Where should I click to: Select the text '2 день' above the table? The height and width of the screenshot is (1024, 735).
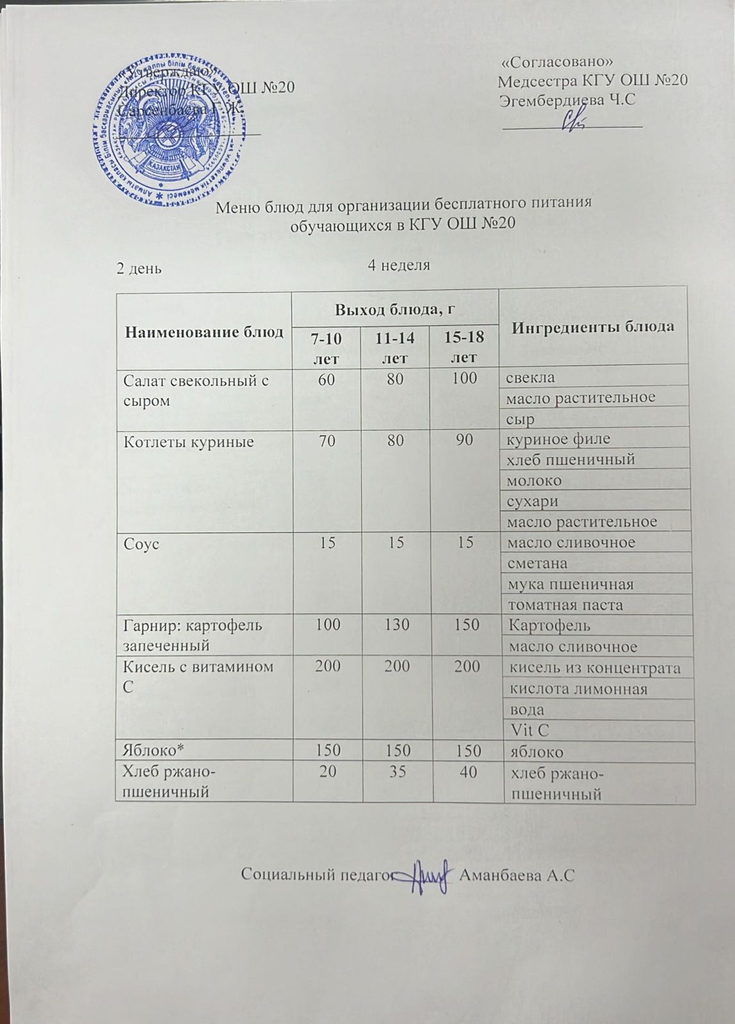pyautogui.click(x=138, y=268)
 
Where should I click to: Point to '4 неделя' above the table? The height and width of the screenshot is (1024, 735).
pyautogui.click(x=398, y=265)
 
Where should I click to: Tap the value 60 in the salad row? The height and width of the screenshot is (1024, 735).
pyautogui.click(x=327, y=379)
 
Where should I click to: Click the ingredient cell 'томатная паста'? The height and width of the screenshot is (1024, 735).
pyautogui.click(x=565, y=605)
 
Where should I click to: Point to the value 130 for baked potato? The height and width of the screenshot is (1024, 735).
pyautogui.click(x=397, y=625)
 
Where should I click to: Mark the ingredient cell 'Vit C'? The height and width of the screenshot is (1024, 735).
pyautogui.click(x=529, y=730)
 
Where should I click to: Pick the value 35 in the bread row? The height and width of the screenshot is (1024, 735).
pyautogui.click(x=397, y=772)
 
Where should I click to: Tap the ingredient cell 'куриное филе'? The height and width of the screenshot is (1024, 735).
pyautogui.click(x=559, y=439)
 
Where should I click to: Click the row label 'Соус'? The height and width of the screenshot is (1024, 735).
pyautogui.click(x=141, y=544)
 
